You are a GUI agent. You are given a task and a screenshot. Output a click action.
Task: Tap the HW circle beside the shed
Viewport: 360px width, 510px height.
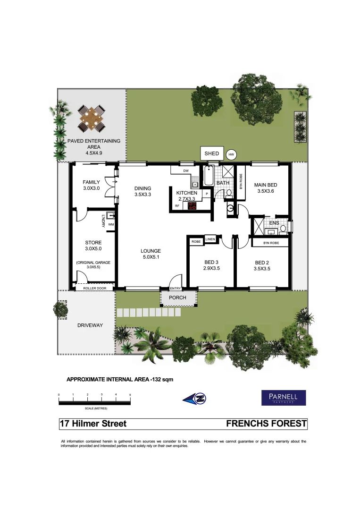[x=231, y=154]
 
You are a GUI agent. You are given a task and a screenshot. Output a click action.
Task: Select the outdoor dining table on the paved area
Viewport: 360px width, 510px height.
[x=92, y=119]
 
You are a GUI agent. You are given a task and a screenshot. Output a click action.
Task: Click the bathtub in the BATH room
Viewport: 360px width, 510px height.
[x=209, y=176]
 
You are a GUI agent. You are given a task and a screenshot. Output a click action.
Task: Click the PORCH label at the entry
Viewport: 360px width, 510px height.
[x=178, y=297]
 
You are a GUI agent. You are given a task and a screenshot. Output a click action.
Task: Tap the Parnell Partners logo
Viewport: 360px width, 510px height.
[x=284, y=398]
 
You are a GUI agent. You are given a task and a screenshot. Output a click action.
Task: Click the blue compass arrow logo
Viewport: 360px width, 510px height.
[x=195, y=398]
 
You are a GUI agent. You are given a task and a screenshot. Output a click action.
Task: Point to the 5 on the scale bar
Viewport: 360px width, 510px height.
[x=130, y=394]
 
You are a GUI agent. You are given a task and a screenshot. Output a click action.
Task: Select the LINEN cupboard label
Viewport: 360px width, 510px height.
[x=210, y=239]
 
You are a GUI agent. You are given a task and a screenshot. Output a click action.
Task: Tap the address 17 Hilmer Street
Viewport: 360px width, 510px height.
[x=93, y=424]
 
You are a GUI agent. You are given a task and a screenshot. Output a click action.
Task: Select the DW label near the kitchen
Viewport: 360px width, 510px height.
[x=186, y=170]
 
